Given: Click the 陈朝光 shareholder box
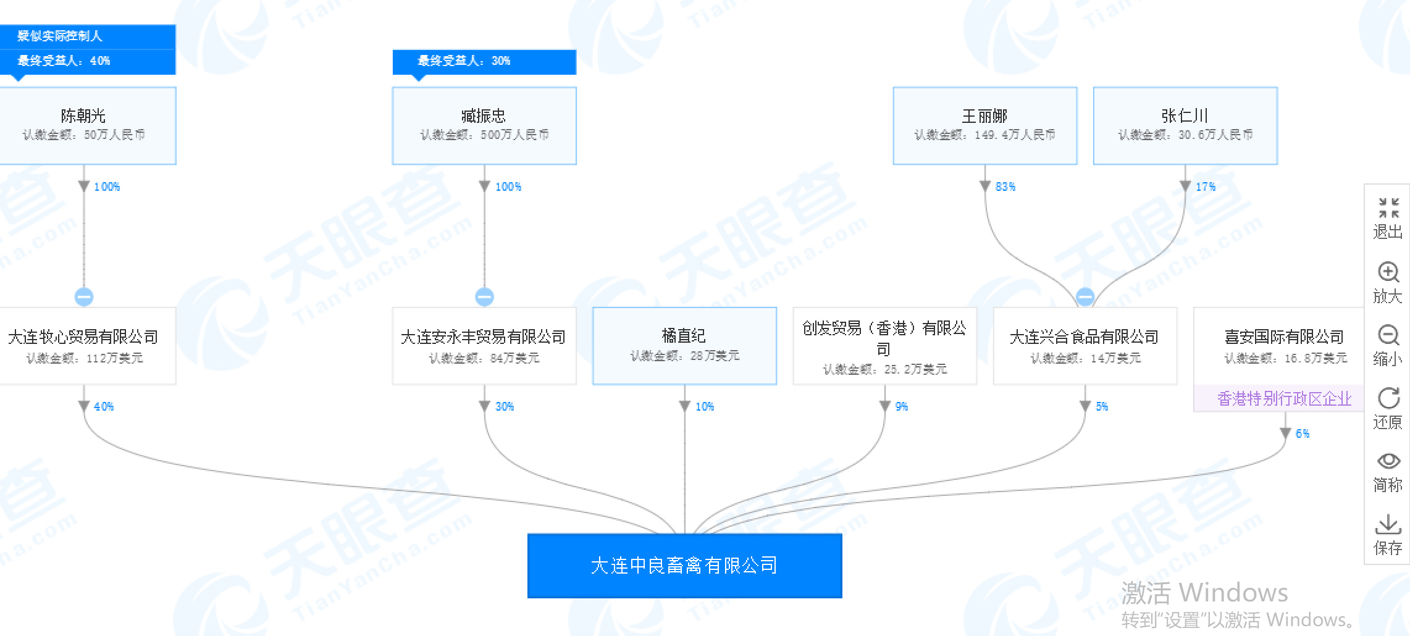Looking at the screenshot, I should [84, 125].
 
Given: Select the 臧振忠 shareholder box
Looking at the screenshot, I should [484, 125].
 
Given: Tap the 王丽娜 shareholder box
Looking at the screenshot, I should [985, 125].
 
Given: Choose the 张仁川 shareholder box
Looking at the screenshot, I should [1185, 125].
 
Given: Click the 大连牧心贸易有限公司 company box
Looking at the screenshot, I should [84, 346].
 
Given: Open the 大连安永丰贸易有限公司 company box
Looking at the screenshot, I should [484, 346].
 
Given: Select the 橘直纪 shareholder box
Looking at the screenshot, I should [684, 346].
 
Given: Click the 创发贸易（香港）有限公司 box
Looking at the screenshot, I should [884, 346].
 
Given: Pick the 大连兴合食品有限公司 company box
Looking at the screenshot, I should [1085, 346].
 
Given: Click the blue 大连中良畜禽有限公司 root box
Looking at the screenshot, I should [684, 566].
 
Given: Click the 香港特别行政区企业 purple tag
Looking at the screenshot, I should [1283, 399].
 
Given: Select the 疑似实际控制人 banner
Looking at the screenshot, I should [86, 36].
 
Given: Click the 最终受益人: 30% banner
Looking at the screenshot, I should [484, 61].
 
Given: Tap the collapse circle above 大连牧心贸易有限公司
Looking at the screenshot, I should [84, 297].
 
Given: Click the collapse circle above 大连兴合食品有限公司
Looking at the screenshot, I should [1085, 297].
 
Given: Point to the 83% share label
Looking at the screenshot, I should [1005, 186].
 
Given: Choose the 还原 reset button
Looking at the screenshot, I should [1388, 408].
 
